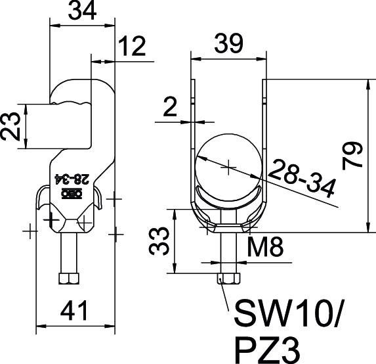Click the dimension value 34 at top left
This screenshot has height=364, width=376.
(82, 11)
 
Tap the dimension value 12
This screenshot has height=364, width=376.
(132, 46)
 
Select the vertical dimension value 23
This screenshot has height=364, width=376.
(10, 127)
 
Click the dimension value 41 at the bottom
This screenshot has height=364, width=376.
(73, 311)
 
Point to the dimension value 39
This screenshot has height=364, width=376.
(229, 43)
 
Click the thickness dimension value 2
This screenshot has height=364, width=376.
(170, 107)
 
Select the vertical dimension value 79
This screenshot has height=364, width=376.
(352, 156)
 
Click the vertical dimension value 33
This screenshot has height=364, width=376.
(159, 242)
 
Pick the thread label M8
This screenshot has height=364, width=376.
(265, 246)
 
